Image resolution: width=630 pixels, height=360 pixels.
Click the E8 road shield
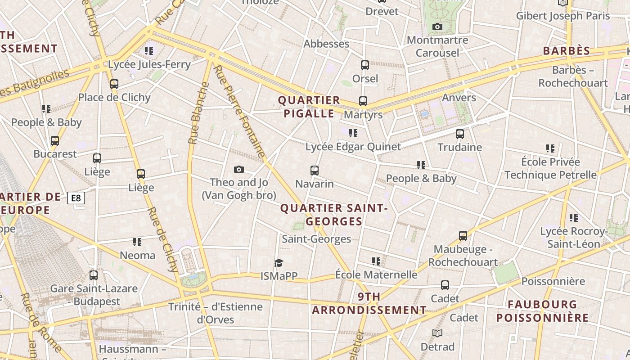point(76,198)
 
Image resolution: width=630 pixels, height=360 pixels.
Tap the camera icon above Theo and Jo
point(239,170)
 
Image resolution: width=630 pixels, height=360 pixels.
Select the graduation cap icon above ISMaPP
point(279,263)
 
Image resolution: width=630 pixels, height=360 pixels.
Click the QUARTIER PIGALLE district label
point(309,107)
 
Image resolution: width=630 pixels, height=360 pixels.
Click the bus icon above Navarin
point(315,171)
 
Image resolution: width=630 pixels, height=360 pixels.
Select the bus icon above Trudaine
point(459,134)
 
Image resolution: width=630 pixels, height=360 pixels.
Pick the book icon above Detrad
point(437,333)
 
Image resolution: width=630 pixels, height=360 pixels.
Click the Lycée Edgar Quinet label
point(353,147)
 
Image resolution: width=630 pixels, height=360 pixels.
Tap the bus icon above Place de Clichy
point(114,84)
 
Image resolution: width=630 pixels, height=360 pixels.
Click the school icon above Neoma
point(137,243)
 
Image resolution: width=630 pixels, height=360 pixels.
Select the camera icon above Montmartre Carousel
point(437,27)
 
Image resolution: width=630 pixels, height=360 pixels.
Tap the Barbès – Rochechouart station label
point(573,76)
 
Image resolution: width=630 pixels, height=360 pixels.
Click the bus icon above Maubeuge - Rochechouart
point(463,235)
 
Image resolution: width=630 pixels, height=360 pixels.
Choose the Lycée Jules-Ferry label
point(149,64)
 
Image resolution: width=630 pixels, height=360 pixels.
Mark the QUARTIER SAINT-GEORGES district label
point(334,215)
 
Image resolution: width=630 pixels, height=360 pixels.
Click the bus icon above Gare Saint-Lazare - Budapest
point(94,275)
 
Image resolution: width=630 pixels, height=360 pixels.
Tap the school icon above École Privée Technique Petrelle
point(550,148)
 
